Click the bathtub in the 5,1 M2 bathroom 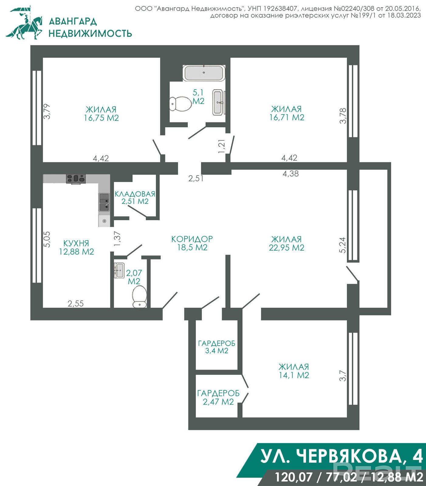[x=204, y=73]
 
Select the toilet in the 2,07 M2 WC [x=139, y=296]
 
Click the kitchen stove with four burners [x=76, y=179]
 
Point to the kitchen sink [x=104, y=202]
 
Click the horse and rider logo [x=24, y=23]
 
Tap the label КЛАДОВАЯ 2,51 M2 [x=135, y=197]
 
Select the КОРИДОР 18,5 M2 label [x=192, y=243]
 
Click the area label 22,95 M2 [x=287, y=248]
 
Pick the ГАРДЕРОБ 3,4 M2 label [x=217, y=347]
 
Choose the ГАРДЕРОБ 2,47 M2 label [x=218, y=397]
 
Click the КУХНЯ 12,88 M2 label [x=77, y=247]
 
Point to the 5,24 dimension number [x=343, y=245]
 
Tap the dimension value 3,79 [x=47, y=111]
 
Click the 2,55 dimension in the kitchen [x=76, y=303]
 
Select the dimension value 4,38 [x=291, y=173]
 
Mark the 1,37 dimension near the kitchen [x=117, y=239]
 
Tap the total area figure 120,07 [x=294, y=477]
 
